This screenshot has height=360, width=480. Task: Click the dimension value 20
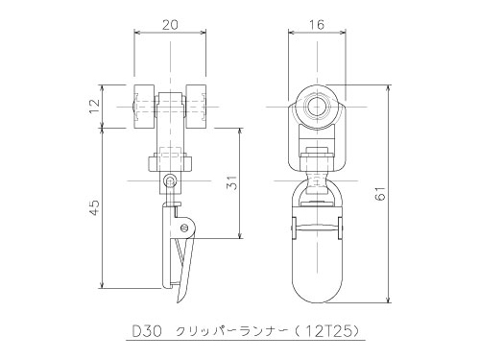[x=170, y=25]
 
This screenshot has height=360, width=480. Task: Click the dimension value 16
[x=317, y=25]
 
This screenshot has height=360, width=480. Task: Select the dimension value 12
[x=95, y=107]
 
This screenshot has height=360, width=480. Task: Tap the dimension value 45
[x=95, y=207]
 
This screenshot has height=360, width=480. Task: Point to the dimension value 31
[x=233, y=183]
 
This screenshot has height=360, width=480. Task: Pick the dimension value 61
[x=381, y=193]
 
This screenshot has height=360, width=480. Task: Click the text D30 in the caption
[x=147, y=332]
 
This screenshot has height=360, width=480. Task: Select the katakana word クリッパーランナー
[x=231, y=332]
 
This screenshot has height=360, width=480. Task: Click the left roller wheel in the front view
[x=145, y=107]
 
